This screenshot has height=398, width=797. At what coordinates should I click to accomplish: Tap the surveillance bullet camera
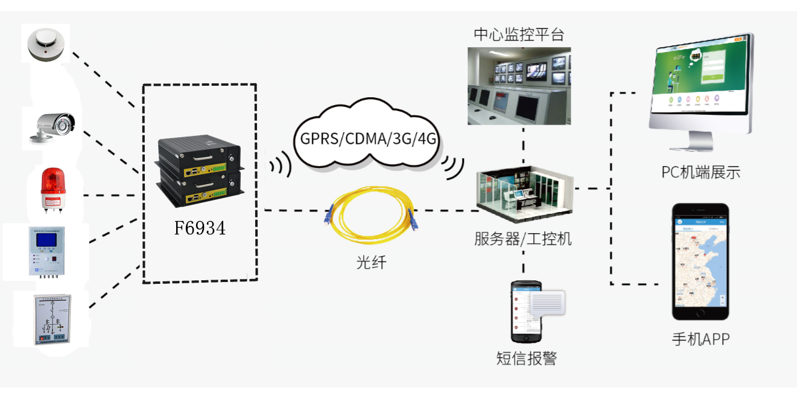pyautogui.click(x=53, y=127)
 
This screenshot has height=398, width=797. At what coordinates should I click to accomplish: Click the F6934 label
pyautogui.click(x=200, y=228)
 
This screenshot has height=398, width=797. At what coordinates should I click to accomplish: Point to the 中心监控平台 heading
pyautogui.click(x=519, y=34)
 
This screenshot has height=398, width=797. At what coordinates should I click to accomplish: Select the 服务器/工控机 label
pyautogui.click(x=522, y=239)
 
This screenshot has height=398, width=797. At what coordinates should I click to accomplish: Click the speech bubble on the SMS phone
pyautogui.click(x=547, y=303)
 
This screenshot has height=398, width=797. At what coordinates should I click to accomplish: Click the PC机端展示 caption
pyautogui.click(x=700, y=172)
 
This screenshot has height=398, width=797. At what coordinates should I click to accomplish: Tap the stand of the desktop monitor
pyautogui.click(x=700, y=145)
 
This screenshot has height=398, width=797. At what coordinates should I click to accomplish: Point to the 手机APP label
pyautogui.click(x=700, y=339)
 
